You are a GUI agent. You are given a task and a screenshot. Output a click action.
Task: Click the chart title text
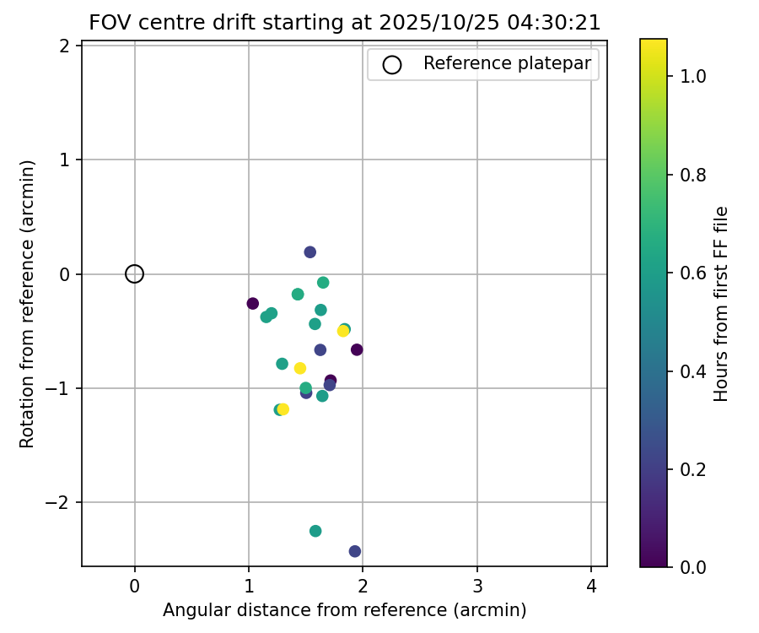pyautogui.click(x=344, y=23)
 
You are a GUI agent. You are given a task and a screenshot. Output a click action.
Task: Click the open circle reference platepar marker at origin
pyautogui.click(x=134, y=273)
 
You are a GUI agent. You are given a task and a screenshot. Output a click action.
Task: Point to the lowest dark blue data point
pyautogui.click(x=355, y=551)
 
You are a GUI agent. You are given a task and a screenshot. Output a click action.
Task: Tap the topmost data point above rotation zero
pyautogui.click(x=310, y=252)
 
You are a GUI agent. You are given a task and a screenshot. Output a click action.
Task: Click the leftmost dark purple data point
pyautogui.click(x=252, y=304)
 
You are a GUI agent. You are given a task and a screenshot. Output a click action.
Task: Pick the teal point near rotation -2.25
pyautogui.click(x=315, y=531)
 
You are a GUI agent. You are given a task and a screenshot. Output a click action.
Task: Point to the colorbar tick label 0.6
pyautogui.click(x=692, y=273)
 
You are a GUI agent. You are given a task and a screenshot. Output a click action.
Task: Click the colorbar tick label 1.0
pyautogui.click(x=692, y=77)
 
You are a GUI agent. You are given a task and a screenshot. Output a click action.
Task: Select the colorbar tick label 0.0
pyautogui.click(x=692, y=566)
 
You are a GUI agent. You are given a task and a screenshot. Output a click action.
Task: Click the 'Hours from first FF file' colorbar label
pyautogui.click(x=721, y=304)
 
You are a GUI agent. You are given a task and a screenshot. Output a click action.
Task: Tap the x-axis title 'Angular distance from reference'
pyautogui.click(x=344, y=610)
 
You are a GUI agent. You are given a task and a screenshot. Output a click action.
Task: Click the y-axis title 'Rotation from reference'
pyautogui.click(x=28, y=304)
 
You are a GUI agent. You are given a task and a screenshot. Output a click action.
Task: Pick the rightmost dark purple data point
pyautogui.click(x=357, y=349)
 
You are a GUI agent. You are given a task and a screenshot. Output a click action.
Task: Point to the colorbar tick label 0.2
pyautogui.click(x=692, y=468)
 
